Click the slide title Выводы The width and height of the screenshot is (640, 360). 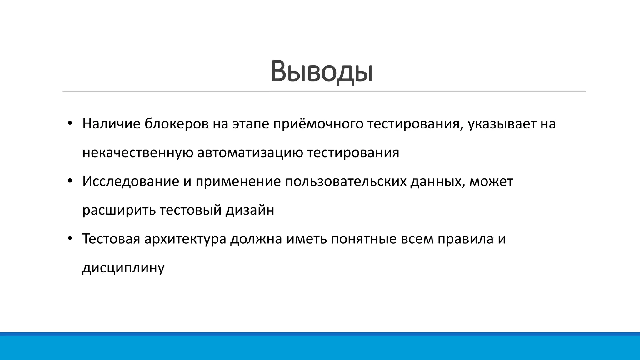pyautogui.click(x=322, y=72)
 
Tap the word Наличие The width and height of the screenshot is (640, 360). pyautogui.click(x=111, y=124)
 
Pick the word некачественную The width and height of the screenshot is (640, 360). pyautogui.click(x=138, y=153)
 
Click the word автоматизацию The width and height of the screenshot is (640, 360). pyautogui.click(x=250, y=153)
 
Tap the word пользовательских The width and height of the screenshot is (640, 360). pyautogui.click(x=346, y=182)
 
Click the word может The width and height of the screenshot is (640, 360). pyautogui.click(x=491, y=182)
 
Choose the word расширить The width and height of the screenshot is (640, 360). pyautogui.click(x=119, y=210)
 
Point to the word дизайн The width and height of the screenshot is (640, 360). pyautogui.click(x=250, y=210)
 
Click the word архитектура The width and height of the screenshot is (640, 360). pyautogui.click(x=185, y=239)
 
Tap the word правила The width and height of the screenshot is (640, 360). pyautogui.click(x=465, y=239)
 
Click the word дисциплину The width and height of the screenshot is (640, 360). pyautogui.click(x=123, y=268)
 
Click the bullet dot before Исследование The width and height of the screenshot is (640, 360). pyautogui.click(x=70, y=181)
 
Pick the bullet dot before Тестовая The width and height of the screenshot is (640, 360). pyautogui.click(x=70, y=238)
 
